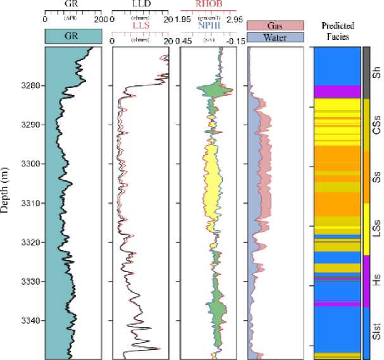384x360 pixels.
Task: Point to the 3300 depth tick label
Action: [30, 164]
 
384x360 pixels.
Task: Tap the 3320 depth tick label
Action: [30, 242]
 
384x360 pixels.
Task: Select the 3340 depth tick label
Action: [30, 320]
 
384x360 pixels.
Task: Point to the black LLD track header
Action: [140, 4]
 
